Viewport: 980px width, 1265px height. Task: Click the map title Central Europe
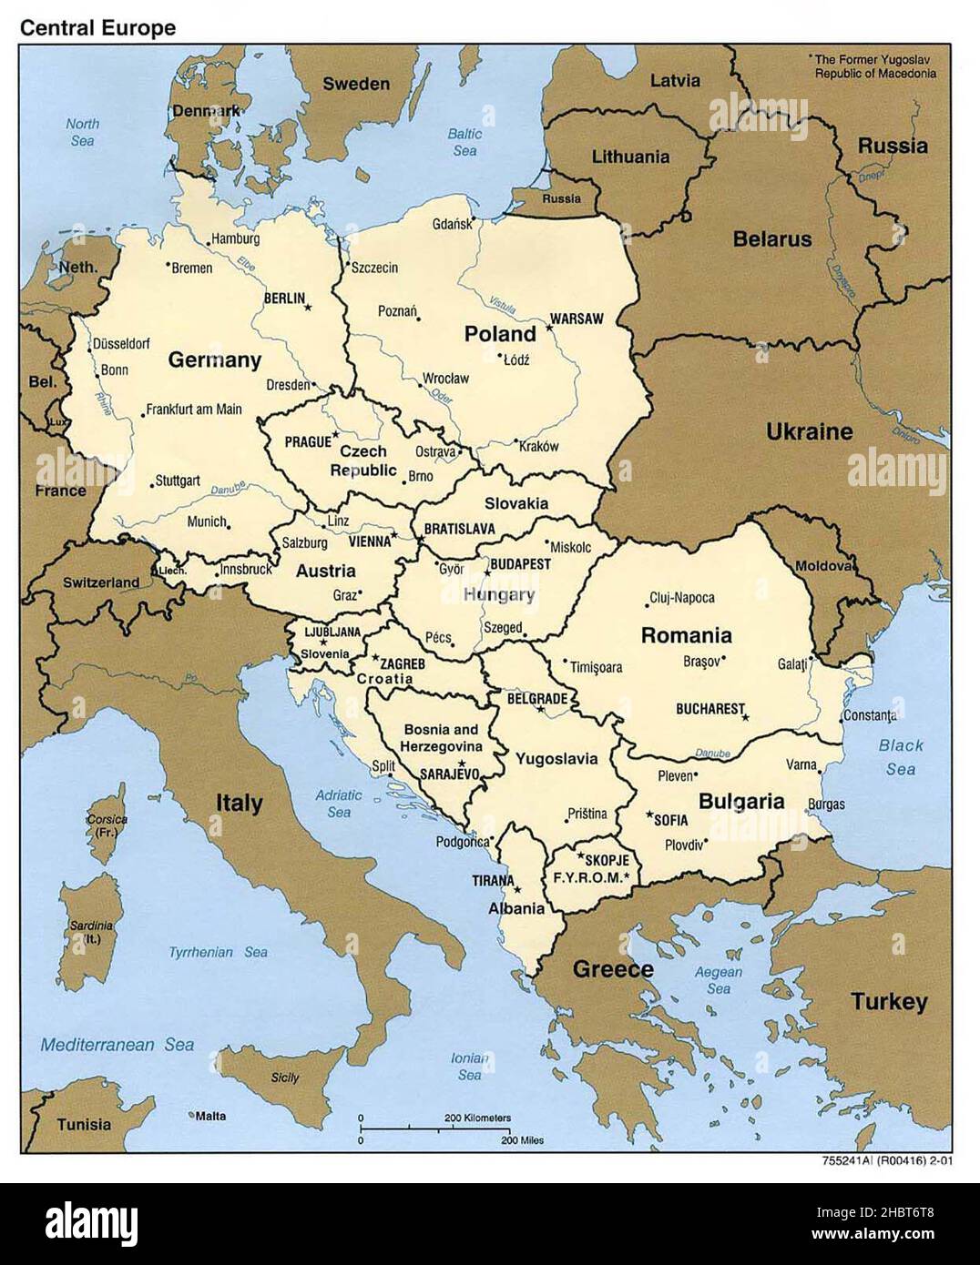click(x=98, y=27)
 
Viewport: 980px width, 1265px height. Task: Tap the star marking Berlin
click(x=308, y=308)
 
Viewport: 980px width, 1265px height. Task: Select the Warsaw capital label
click(x=576, y=319)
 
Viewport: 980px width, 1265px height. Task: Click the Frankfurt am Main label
click(x=194, y=410)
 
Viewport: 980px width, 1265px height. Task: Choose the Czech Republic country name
click(x=363, y=460)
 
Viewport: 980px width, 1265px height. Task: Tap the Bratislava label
click(x=458, y=529)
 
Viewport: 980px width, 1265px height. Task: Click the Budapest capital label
click(x=521, y=564)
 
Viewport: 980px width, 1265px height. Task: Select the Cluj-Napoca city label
click(x=681, y=598)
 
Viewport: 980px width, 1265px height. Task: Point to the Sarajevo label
click(x=449, y=774)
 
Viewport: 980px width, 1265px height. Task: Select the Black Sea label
click(x=900, y=756)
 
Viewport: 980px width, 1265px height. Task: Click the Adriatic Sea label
click(x=339, y=803)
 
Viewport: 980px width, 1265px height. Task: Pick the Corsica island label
click(x=107, y=825)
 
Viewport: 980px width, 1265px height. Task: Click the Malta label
click(x=211, y=1116)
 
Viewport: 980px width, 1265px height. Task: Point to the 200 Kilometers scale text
click(x=477, y=1117)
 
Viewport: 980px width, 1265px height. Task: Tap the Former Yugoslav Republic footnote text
click(x=874, y=66)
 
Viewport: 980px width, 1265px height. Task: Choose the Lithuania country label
click(x=630, y=157)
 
